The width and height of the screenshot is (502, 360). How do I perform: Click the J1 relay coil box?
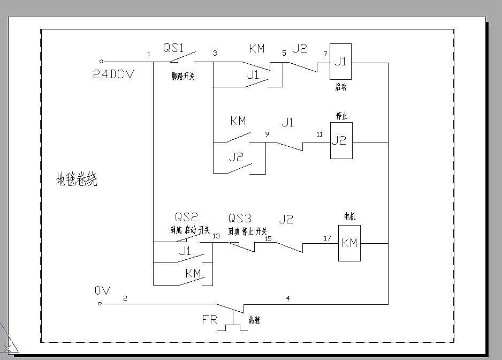(x=340, y=62)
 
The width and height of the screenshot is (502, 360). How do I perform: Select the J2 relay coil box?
(x=340, y=141)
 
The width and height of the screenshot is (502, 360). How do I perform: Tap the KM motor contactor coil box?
(x=349, y=243)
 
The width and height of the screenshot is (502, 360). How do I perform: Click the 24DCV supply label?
(x=113, y=74)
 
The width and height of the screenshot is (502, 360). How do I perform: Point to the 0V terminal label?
(x=102, y=291)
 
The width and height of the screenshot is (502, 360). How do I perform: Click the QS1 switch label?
(x=174, y=48)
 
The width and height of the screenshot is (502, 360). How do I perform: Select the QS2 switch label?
(x=186, y=217)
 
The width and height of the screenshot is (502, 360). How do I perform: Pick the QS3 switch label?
(x=240, y=218)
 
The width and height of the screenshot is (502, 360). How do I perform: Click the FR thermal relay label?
(x=209, y=320)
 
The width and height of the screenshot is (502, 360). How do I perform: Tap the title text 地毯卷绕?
(x=77, y=179)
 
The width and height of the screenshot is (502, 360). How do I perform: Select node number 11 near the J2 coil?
(x=320, y=134)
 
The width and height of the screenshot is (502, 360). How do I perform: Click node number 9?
(x=267, y=134)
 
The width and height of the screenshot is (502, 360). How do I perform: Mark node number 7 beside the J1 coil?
(x=324, y=54)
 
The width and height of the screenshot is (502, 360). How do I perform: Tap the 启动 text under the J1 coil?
(x=341, y=87)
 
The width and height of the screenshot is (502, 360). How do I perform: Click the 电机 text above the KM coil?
(x=349, y=217)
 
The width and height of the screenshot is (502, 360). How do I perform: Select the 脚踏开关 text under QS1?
(x=182, y=77)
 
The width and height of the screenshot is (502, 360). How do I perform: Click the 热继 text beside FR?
(x=254, y=320)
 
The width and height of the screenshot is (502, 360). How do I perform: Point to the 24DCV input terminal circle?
(x=102, y=62)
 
